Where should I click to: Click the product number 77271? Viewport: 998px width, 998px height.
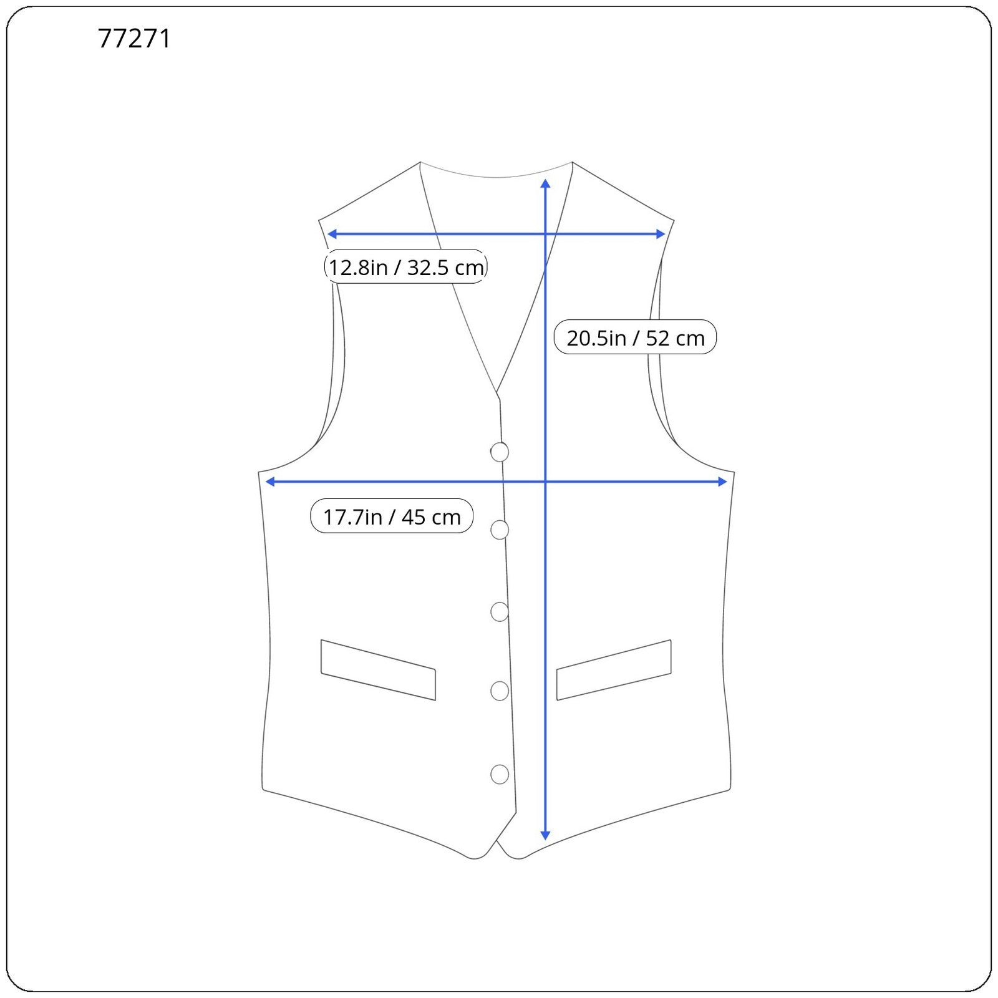point(134,39)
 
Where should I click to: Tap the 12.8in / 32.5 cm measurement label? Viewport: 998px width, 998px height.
point(406,267)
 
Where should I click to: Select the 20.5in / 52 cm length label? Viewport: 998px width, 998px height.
point(635,337)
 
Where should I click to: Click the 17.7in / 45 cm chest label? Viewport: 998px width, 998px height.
point(392,516)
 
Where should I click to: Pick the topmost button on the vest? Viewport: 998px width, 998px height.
point(500,452)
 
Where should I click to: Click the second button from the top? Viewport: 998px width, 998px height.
point(500,530)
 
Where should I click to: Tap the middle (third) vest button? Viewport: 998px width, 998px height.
point(500,612)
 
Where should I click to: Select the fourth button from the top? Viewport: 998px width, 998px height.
point(500,690)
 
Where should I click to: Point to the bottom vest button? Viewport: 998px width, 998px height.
point(500,774)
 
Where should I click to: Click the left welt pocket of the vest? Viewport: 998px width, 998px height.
point(378,670)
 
